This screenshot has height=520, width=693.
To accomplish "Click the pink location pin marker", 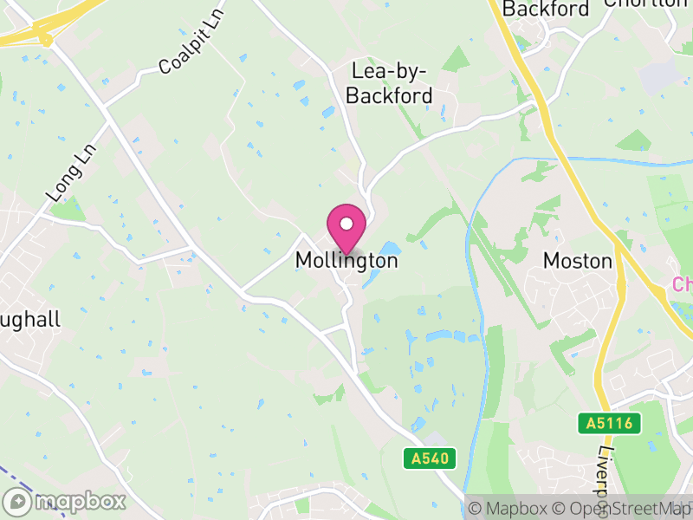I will coord(346,230).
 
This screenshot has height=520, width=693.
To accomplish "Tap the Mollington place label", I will coord(346,260).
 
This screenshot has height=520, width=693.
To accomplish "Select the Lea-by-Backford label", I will coord(389,83).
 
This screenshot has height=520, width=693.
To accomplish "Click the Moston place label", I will coord(577,260).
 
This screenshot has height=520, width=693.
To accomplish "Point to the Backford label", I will coord(546,10).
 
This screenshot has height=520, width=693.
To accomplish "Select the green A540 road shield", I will coord(430,458).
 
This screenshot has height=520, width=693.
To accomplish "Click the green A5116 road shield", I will coord(611,424).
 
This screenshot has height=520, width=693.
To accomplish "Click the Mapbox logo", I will coord(65,501).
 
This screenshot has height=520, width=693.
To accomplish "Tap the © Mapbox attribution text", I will coord(508,509).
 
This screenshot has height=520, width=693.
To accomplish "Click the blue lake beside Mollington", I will coord(381,264).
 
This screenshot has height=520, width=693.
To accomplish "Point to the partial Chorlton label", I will coord(645,3).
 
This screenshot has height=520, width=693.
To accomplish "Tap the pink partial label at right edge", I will coord(683,284).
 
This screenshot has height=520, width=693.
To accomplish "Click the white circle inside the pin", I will coord(346,224).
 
